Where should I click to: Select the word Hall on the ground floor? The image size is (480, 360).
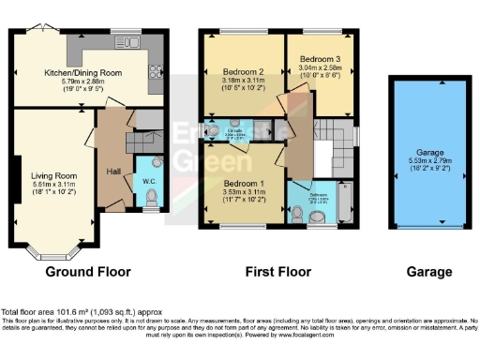coord(111,172)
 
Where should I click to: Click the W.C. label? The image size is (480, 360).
coord(148,181)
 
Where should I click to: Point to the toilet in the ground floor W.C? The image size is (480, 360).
coord(152,198)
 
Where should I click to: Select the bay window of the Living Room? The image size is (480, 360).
coord(53,251)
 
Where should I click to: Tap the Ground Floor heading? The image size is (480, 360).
coord(88,272)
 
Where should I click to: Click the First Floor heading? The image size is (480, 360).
coord(277,272)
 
